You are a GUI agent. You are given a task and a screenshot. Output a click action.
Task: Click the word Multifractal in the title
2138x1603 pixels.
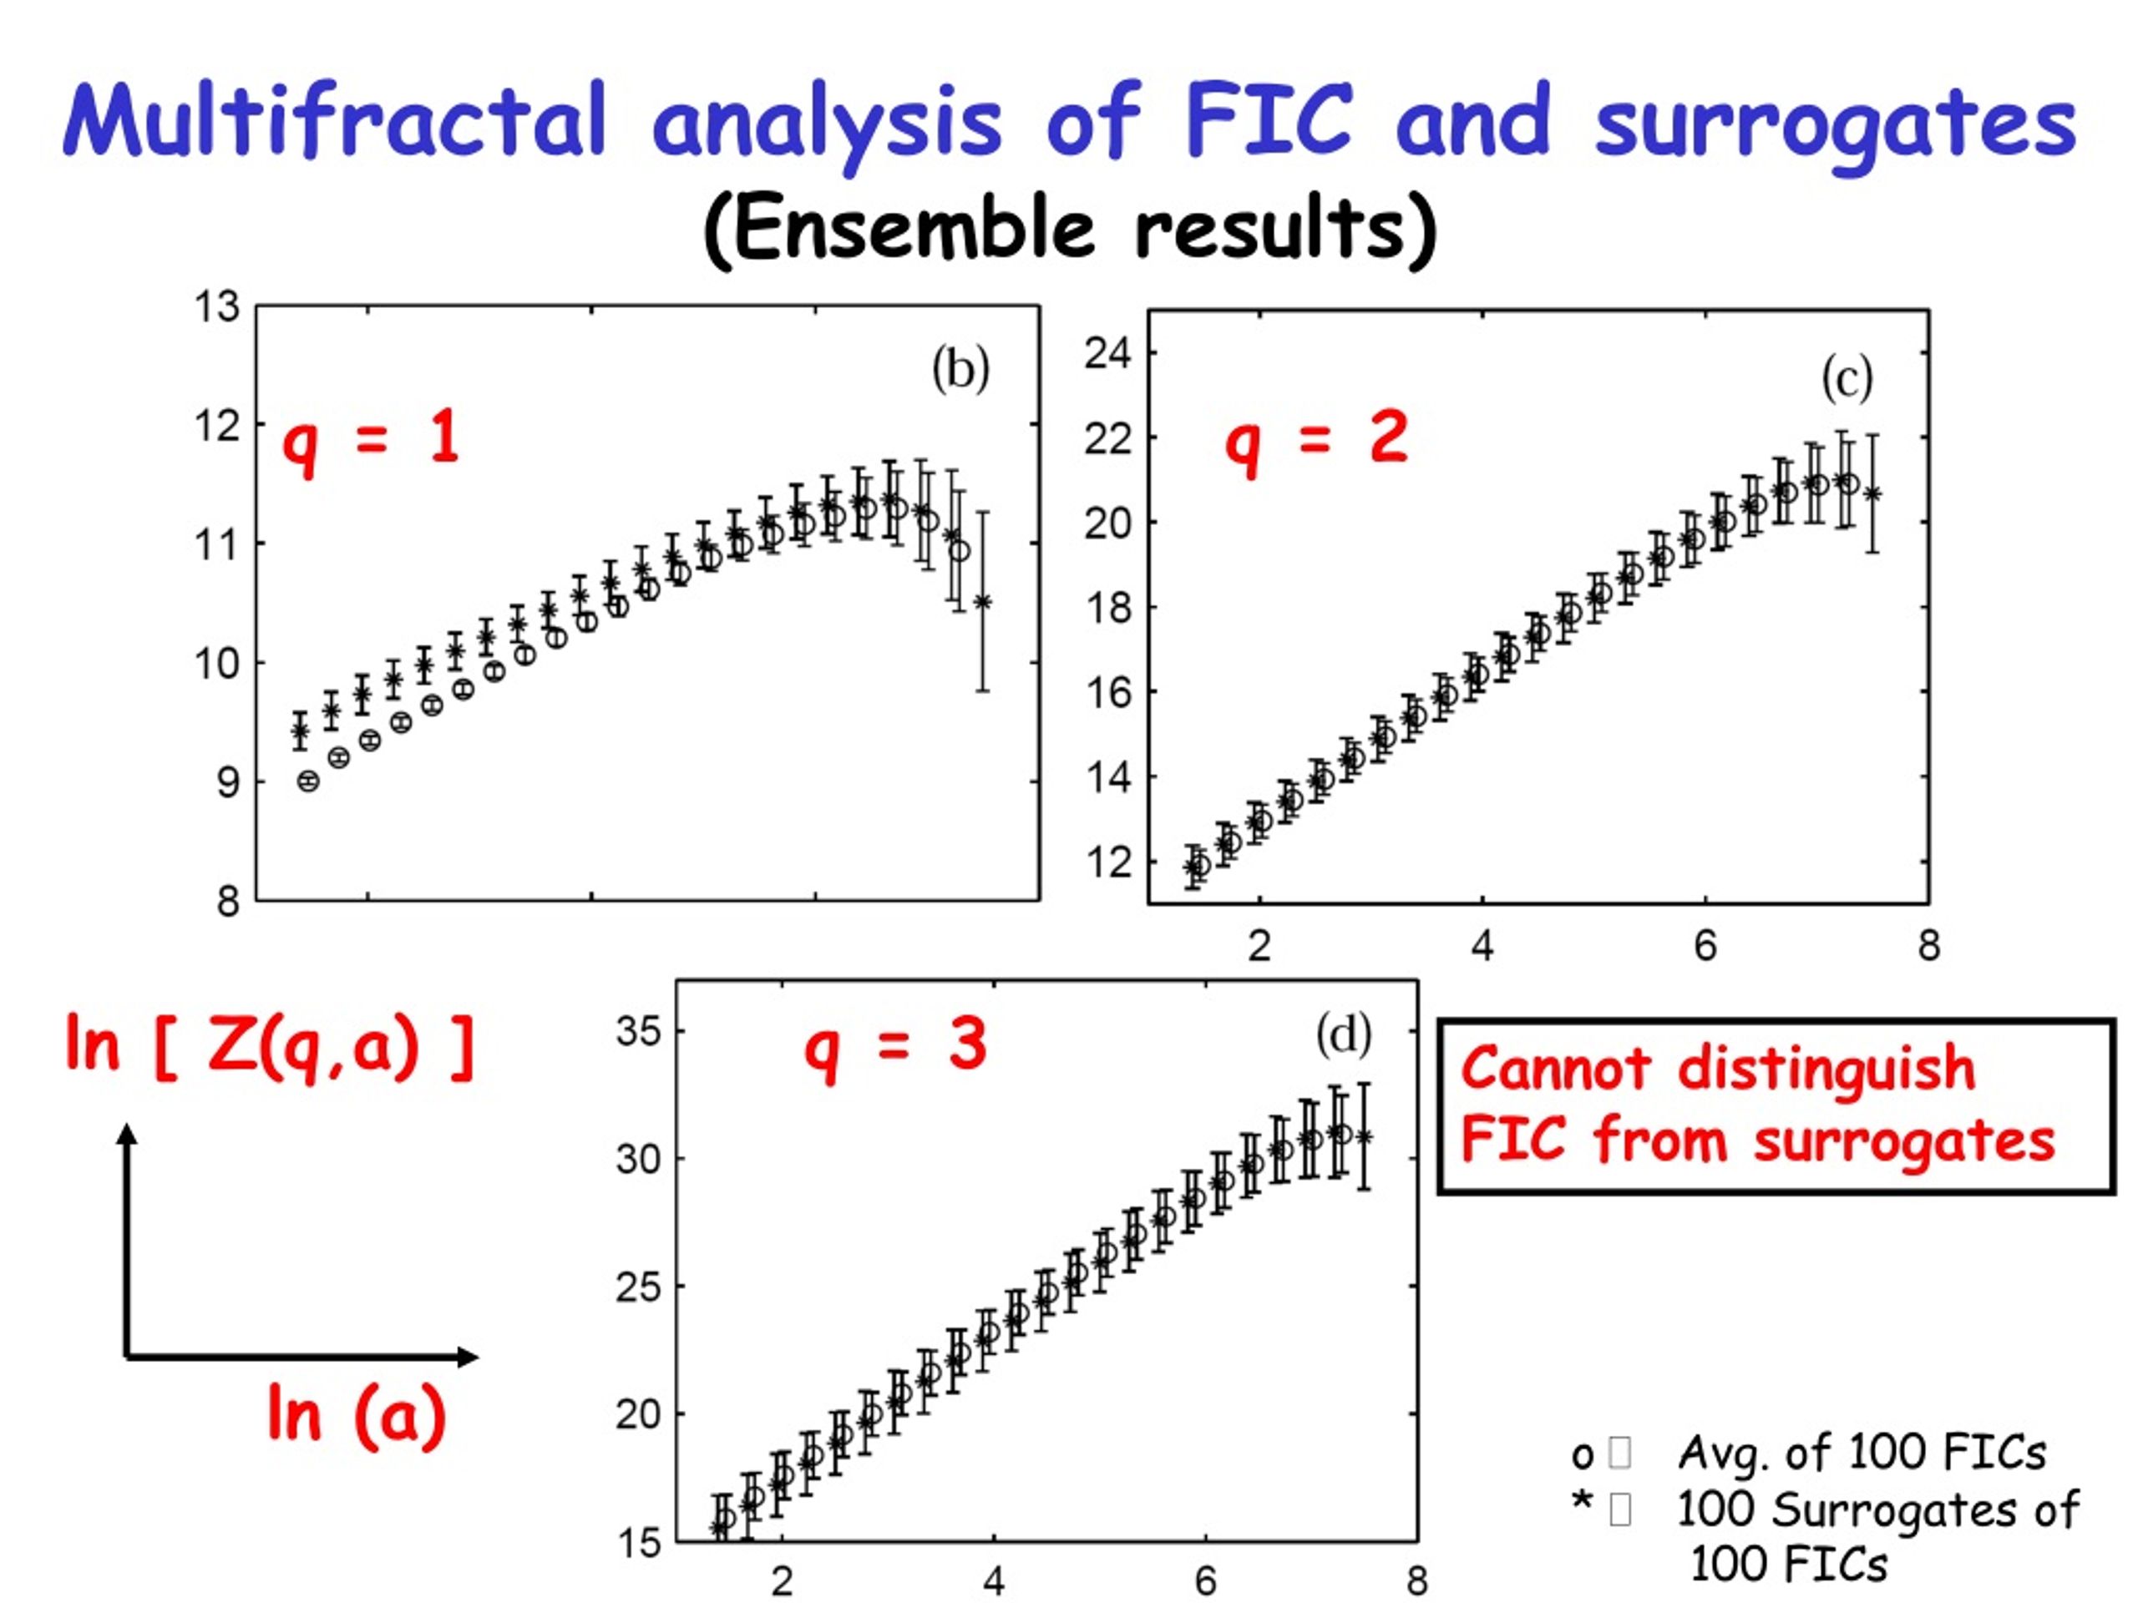pyautogui.click(x=334, y=120)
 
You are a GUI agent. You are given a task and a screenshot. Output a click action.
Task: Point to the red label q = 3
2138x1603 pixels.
pyautogui.click(x=896, y=1048)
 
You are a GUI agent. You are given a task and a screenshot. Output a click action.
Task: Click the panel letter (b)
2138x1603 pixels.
pyautogui.click(x=960, y=369)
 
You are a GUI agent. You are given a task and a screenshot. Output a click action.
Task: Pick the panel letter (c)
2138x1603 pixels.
pyautogui.click(x=1847, y=378)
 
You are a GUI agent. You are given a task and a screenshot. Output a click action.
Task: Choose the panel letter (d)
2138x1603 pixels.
pyautogui.click(x=1344, y=1034)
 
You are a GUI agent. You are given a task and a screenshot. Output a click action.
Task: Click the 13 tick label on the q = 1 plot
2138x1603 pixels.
pyautogui.click(x=216, y=306)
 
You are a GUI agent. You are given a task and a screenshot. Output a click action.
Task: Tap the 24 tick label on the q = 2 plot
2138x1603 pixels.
pyautogui.click(x=1107, y=354)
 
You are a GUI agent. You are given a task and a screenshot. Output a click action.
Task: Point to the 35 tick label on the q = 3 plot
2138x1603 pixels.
pyautogui.click(x=639, y=1031)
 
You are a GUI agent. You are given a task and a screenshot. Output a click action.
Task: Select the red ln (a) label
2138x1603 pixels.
pyautogui.click(x=357, y=1414)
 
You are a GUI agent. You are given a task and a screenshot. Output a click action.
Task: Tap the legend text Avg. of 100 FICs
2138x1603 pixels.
pyautogui.click(x=1862, y=1452)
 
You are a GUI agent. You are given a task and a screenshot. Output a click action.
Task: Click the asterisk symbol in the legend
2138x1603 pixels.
pyautogui.click(x=1581, y=1504)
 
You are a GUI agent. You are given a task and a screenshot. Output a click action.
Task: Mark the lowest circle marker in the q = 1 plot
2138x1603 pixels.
pyautogui.click(x=308, y=781)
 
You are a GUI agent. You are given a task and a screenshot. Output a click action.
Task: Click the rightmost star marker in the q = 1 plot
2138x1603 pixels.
pyautogui.click(x=982, y=602)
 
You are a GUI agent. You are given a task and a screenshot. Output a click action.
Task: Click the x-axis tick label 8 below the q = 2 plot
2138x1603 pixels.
pyautogui.click(x=1928, y=945)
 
